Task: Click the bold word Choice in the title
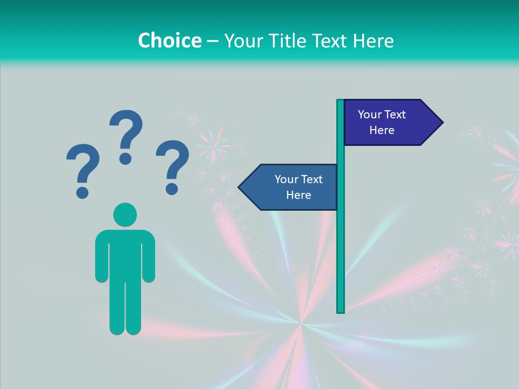pyautogui.click(x=169, y=41)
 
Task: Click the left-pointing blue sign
pyautogui.click(x=292, y=187)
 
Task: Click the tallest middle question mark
pyautogui.click(x=127, y=130)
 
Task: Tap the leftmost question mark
pyautogui.click(x=83, y=165)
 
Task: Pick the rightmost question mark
pyautogui.click(x=173, y=162)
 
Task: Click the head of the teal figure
pyautogui.click(x=125, y=214)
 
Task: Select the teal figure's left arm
pyautogui.click(x=102, y=257)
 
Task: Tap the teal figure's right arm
pyautogui.click(x=149, y=257)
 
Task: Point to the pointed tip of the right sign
pyautogui.click(x=441, y=122)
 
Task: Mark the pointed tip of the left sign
pyautogui.click(x=240, y=187)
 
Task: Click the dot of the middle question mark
pyautogui.click(x=125, y=158)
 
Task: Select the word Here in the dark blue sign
pyautogui.click(x=382, y=130)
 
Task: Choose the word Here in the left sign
pyautogui.click(x=298, y=195)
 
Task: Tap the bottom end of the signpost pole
pyautogui.click(x=341, y=311)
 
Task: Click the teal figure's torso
pyautogui.click(x=125, y=254)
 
